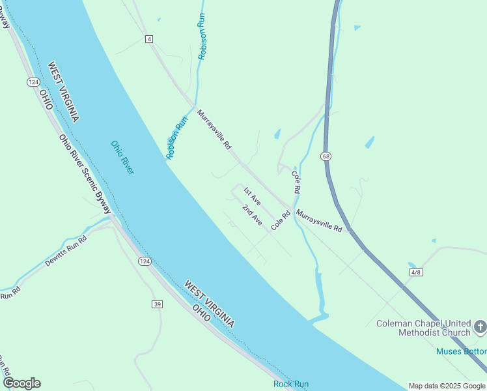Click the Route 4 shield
[x=150, y=39]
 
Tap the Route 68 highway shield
[x=325, y=156]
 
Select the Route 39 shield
[x=157, y=304]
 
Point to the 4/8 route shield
[x=416, y=271]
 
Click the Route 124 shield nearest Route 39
[x=145, y=261]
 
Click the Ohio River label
[x=122, y=157]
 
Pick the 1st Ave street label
[x=252, y=196]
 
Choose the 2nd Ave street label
[x=252, y=215]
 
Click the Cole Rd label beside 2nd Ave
[x=281, y=220]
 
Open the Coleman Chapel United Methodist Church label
[x=423, y=328]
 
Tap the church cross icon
[x=480, y=326]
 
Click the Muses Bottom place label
[x=461, y=352]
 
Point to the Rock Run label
[x=291, y=384]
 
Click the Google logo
[x=21, y=383]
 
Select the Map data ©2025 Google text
[x=447, y=386]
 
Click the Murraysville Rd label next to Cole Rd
[x=319, y=221]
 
